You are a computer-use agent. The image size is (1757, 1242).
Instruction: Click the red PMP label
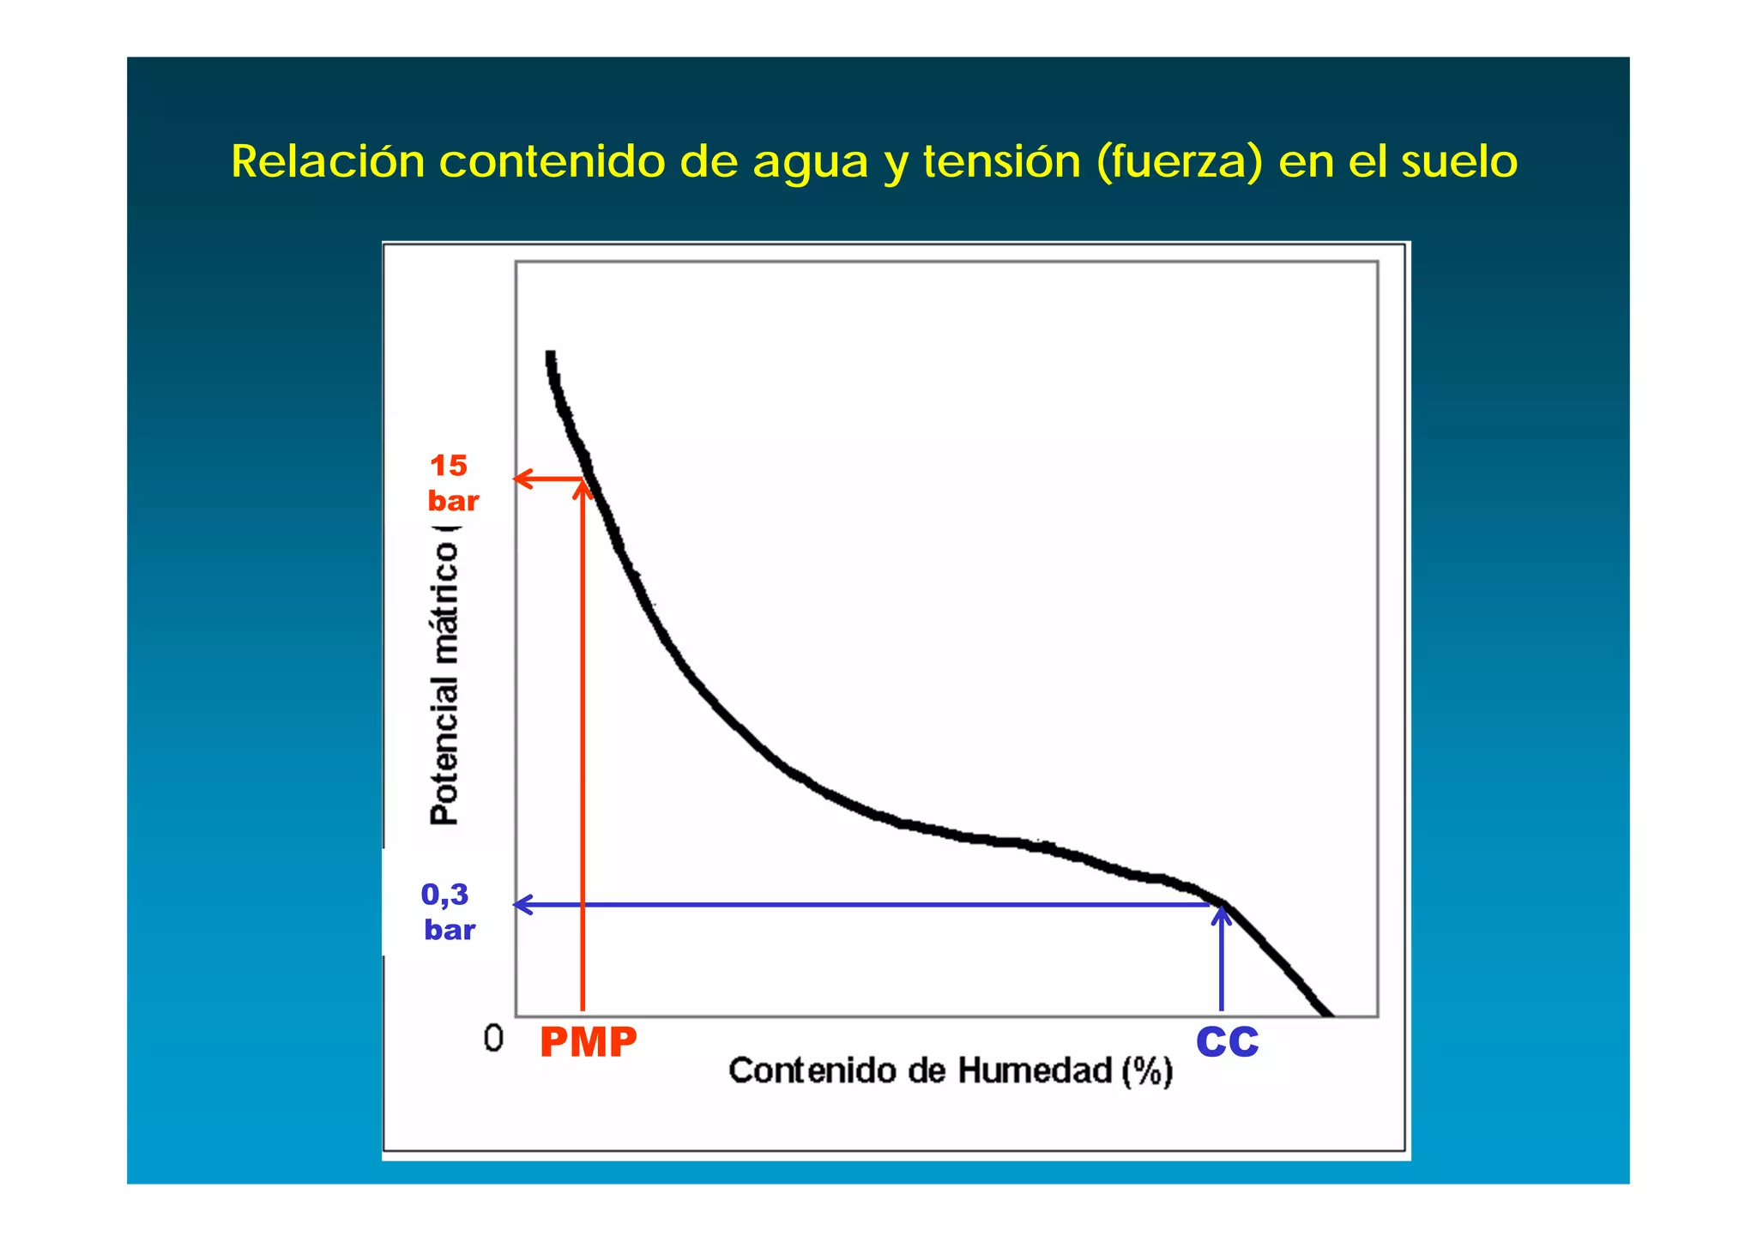[589, 1042]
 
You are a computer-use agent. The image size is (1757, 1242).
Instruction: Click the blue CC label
[1227, 1041]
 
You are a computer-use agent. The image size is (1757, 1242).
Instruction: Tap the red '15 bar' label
[452, 483]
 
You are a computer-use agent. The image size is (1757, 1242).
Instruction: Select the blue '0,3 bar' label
[447, 912]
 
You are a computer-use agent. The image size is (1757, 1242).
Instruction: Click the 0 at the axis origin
[493, 1039]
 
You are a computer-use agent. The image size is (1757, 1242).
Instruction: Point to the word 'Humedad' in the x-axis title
[1035, 1070]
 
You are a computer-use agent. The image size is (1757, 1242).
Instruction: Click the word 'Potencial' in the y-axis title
[445, 750]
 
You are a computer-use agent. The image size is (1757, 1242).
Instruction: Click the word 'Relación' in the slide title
[328, 161]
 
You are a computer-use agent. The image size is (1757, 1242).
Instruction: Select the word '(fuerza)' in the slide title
[1179, 161]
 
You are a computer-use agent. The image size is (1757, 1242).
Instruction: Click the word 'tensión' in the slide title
[1001, 161]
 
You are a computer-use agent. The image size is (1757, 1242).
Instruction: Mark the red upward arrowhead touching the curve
[583, 489]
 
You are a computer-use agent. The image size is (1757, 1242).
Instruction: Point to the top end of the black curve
[551, 355]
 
